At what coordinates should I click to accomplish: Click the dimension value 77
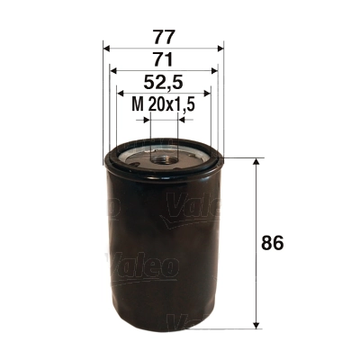click(164, 37)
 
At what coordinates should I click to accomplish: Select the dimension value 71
click(164, 60)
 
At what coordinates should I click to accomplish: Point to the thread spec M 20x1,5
click(164, 105)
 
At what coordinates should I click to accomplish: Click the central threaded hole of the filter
click(164, 158)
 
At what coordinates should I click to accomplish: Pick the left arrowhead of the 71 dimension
click(113, 69)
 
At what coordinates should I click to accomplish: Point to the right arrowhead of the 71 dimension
click(215, 69)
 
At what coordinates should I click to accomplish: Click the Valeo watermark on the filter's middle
click(144, 265)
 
